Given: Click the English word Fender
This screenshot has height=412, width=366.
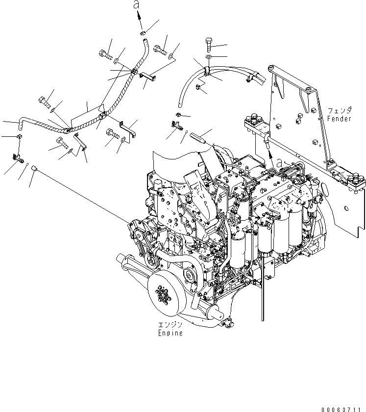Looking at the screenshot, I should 340,119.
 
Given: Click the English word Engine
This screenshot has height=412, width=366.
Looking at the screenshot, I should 170,333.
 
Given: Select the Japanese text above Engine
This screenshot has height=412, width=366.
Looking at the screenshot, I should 170,325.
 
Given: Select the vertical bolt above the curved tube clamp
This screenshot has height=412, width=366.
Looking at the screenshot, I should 209,46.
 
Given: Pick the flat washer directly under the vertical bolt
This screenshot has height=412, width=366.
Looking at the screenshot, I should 209,57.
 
